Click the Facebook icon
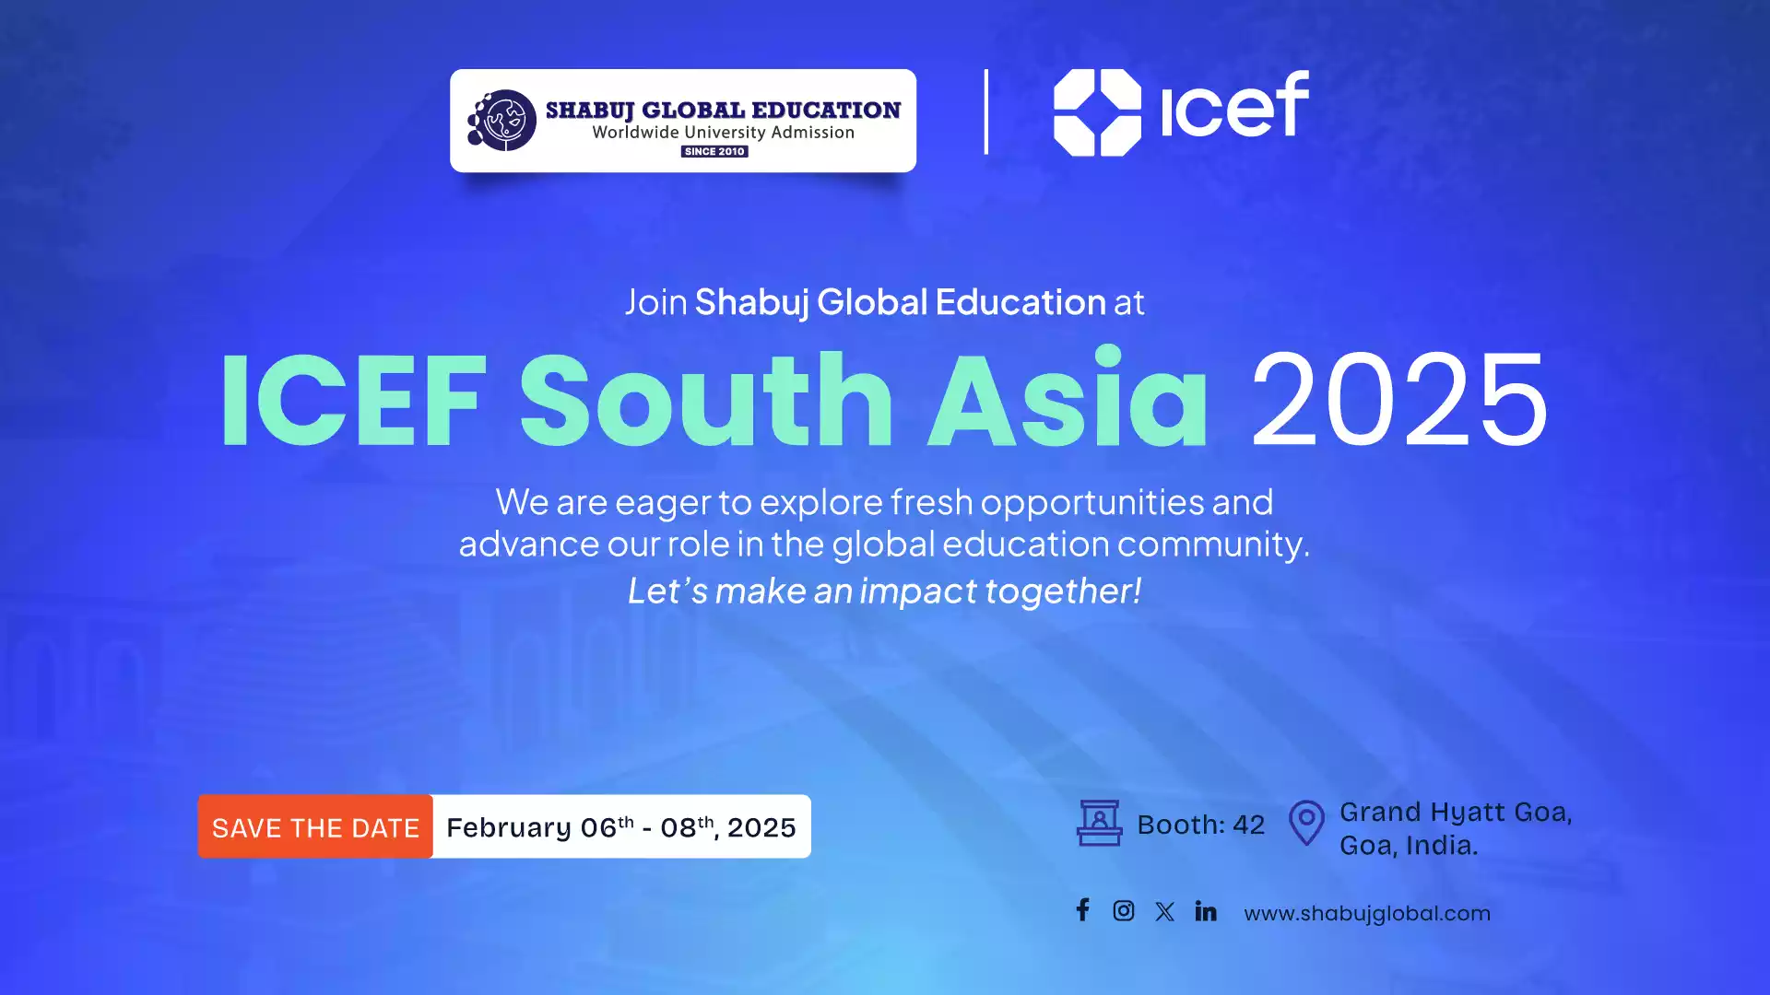click(1083, 910)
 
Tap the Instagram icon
click(1124, 911)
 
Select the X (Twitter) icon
click(1165, 912)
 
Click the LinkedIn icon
click(1206, 911)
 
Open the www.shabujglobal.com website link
click(1367, 914)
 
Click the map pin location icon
click(1306, 822)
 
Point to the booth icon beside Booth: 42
click(1100, 823)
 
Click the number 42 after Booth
click(1249, 825)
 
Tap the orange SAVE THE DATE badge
click(315, 826)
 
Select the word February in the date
click(509, 828)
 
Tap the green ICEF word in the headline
click(353, 401)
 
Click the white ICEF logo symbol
click(1097, 112)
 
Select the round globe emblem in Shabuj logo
click(502, 120)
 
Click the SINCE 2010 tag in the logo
click(714, 151)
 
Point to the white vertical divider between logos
click(986, 111)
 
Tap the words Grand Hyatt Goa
click(1456, 813)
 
